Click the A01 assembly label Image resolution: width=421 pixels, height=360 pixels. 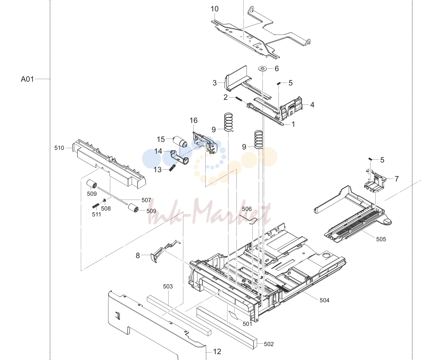click(27, 79)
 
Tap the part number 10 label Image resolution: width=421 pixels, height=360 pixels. click(214, 9)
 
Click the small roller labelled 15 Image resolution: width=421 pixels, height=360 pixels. click(180, 141)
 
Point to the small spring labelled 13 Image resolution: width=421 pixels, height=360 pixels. click(172, 168)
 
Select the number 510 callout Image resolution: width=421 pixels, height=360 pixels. click(59, 148)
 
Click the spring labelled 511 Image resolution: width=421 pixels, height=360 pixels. click(95, 206)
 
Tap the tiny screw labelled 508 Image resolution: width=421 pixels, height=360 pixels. click(104, 200)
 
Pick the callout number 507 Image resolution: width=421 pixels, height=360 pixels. click(146, 200)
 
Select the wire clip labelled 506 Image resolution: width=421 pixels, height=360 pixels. click(249, 219)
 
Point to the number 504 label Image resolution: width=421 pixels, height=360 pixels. click(324, 300)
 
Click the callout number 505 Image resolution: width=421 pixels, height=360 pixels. click(381, 239)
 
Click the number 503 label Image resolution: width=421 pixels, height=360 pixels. click(168, 287)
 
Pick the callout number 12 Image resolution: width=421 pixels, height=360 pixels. click(217, 352)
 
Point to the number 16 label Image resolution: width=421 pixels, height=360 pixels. click(193, 120)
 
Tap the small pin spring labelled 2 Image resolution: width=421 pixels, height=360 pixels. click(239, 99)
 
